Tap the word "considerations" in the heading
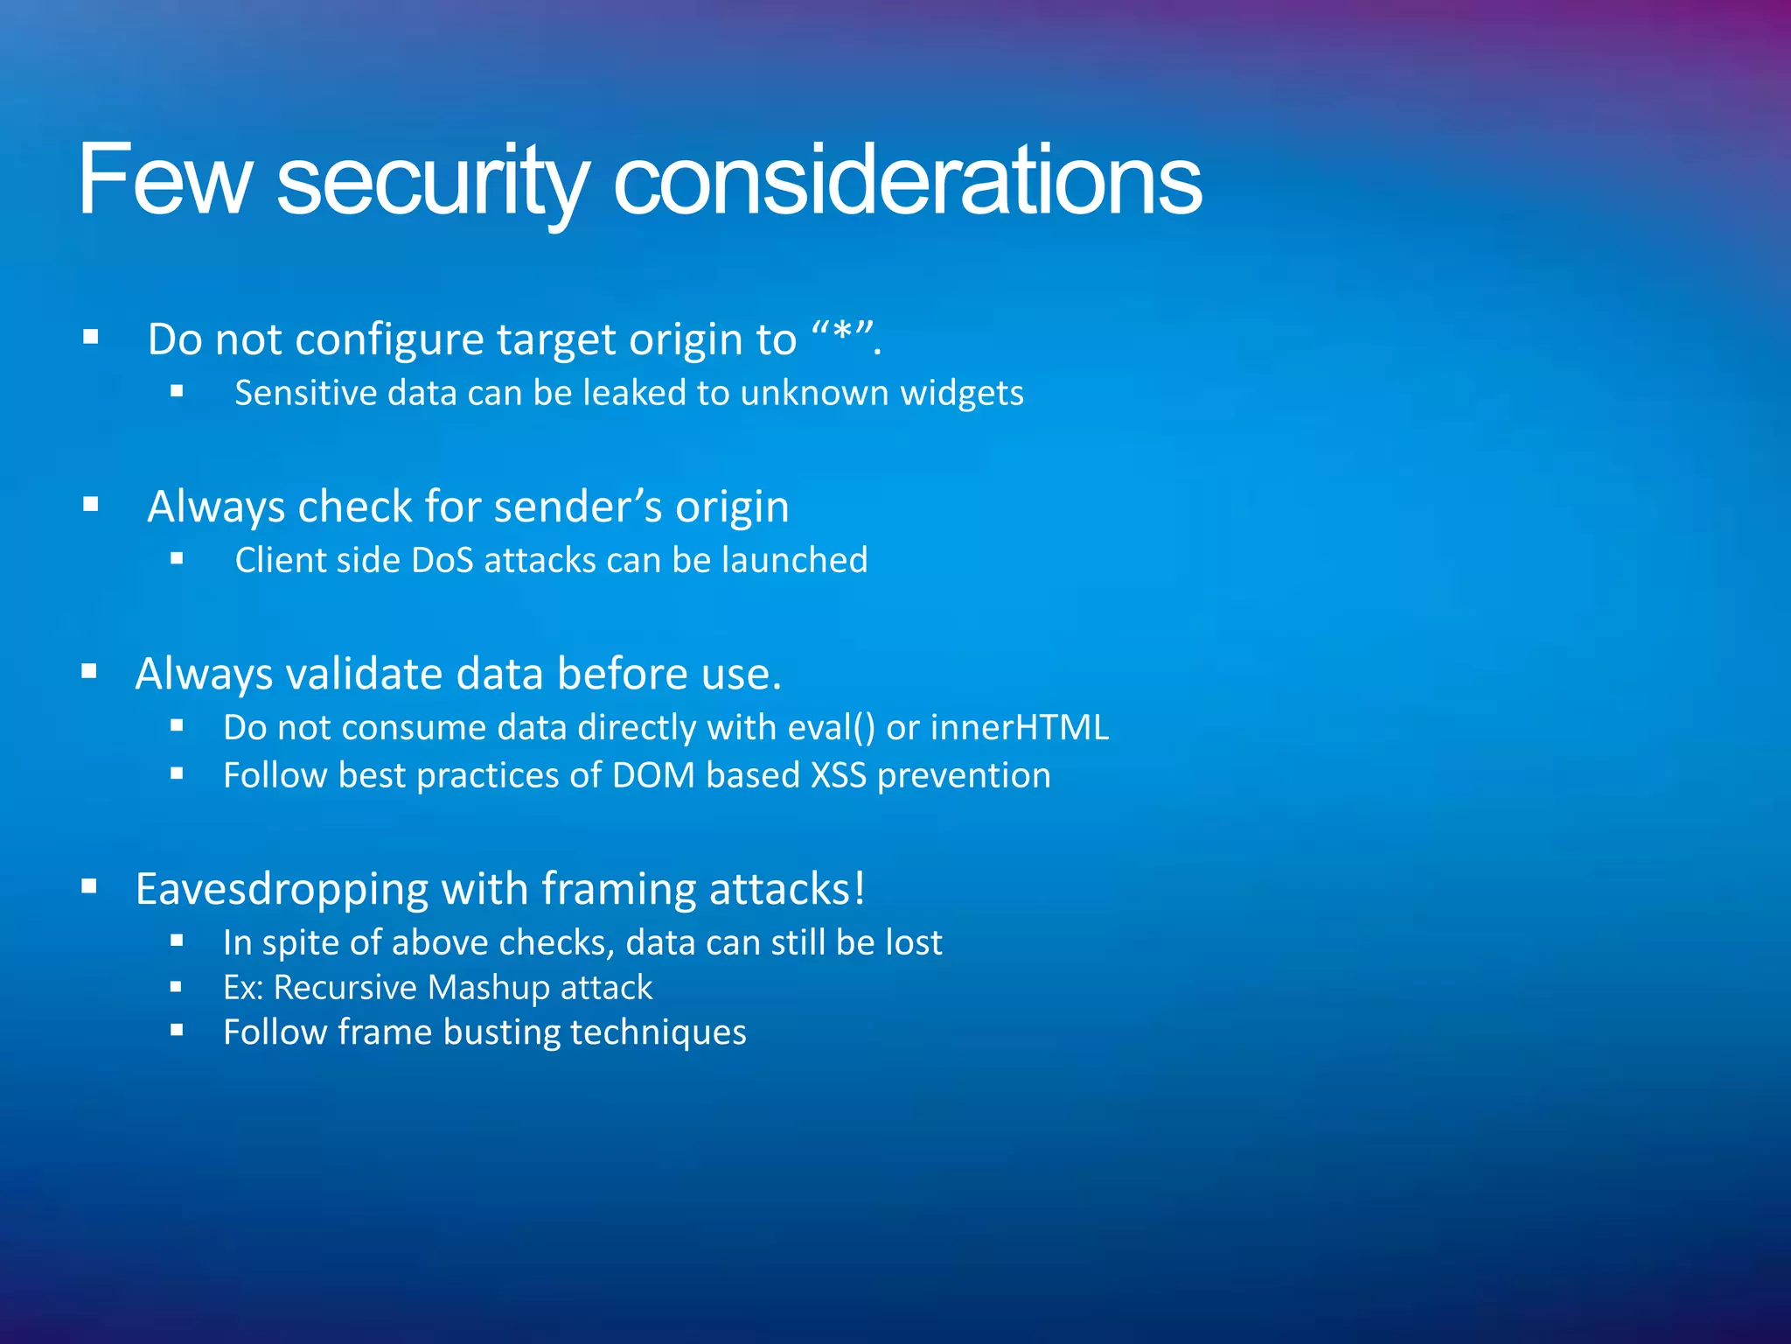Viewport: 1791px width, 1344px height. (x=907, y=181)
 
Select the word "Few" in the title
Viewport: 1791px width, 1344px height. (x=164, y=181)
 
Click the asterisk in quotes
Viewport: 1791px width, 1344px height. (x=843, y=335)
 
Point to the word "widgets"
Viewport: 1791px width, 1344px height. (x=962, y=393)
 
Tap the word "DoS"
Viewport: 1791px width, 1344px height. (x=442, y=560)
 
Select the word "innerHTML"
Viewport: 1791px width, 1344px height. (x=1020, y=728)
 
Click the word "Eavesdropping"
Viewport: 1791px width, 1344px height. (x=282, y=889)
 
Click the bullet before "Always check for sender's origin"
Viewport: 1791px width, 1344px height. (x=90, y=504)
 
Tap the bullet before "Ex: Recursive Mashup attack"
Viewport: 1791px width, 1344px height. (x=177, y=986)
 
